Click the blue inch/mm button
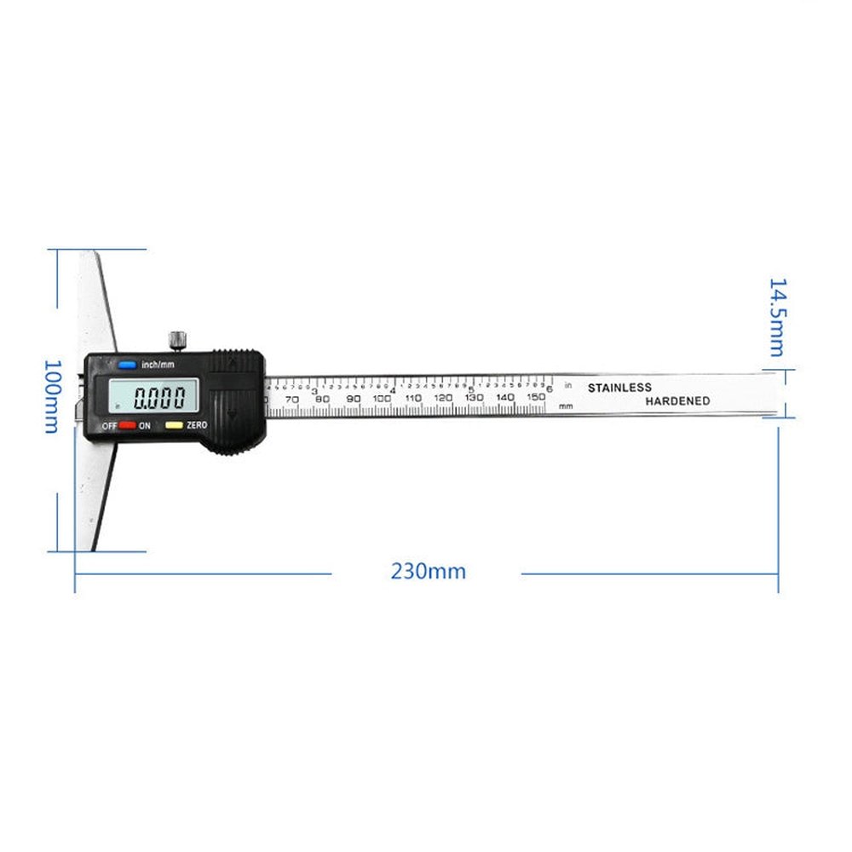click(x=128, y=365)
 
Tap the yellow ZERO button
click(x=173, y=424)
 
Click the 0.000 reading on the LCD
click(x=160, y=397)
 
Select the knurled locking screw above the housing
click(x=177, y=339)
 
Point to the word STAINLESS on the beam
click(x=619, y=388)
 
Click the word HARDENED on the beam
click(x=677, y=401)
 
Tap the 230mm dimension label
click(x=429, y=572)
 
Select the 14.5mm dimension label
click(x=777, y=316)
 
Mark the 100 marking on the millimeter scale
click(x=382, y=398)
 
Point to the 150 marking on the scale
click(x=535, y=397)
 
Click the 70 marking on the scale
click(x=291, y=399)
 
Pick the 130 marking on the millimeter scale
click(x=474, y=398)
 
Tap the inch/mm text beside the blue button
click(x=158, y=365)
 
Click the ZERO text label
click(x=198, y=424)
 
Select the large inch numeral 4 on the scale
click(x=393, y=391)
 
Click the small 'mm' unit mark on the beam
click(x=565, y=406)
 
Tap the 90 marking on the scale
click(x=353, y=398)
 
